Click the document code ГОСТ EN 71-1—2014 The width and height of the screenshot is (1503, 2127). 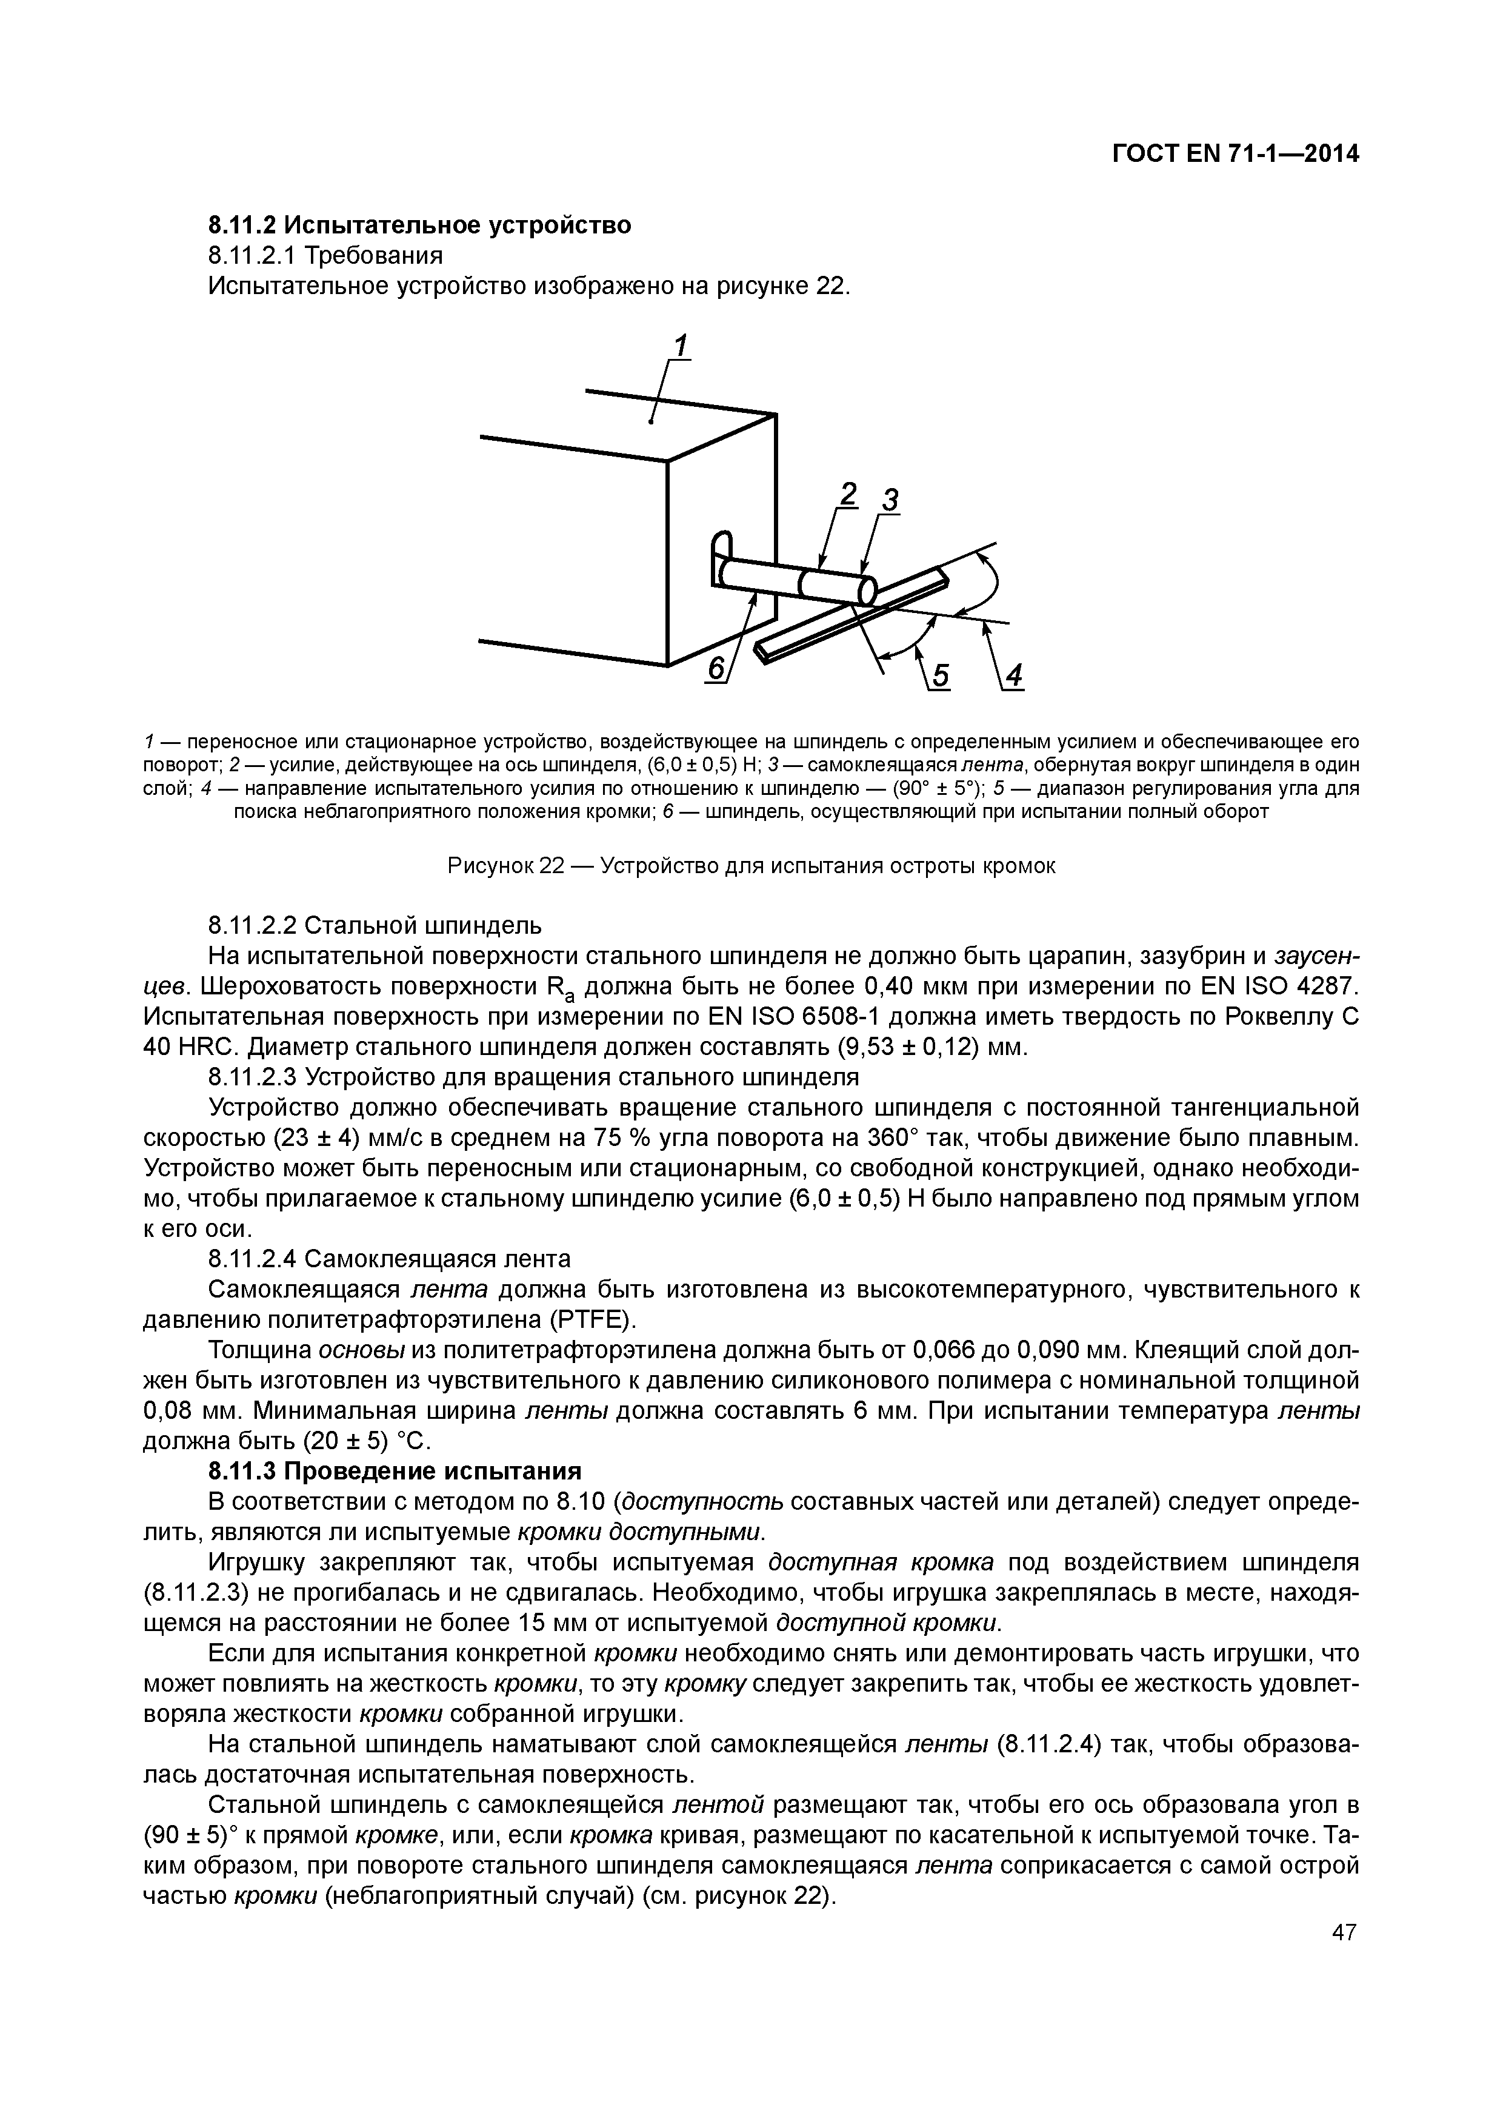[x=1235, y=154]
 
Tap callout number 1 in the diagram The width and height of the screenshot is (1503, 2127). [x=681, y=346]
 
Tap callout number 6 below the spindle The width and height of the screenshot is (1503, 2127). [x=716, y=669]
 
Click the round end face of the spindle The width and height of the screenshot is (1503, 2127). [x=867, y=590]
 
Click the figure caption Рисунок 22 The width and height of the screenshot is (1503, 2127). [x=751, y=866]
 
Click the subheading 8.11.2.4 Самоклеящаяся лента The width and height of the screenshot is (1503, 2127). [x=389, y=1259]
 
